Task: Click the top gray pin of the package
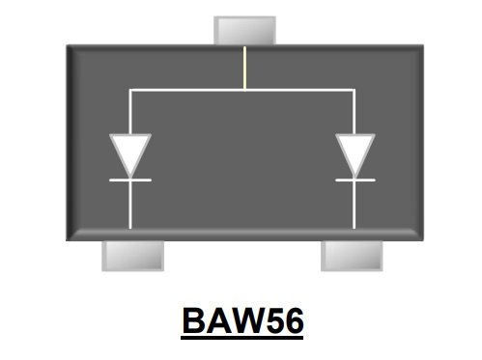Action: coord(244,29)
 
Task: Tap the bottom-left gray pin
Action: coord(133,255)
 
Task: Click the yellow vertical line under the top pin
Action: coord(244,68)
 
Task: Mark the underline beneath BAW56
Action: coord(241,335)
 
